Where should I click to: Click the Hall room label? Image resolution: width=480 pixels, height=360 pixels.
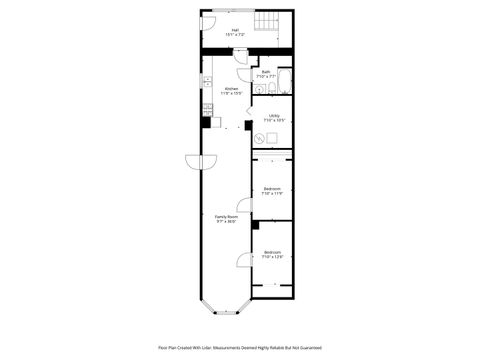click(x=235, y=32)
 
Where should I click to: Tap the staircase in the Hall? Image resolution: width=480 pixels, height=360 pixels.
click(x=269, y=22)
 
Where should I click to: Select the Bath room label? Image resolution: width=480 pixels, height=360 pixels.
click(x=267, y=74)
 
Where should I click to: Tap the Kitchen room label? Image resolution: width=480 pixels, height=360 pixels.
click(x=231, y=91)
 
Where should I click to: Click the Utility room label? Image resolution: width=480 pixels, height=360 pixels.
click(x=273, y=118)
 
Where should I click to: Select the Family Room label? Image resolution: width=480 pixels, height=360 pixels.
click(x=226, y=219)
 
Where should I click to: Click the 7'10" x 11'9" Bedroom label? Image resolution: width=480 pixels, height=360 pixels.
click(x=272, y=191)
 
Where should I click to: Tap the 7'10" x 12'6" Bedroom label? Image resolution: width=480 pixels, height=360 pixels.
click(x=272, y=255)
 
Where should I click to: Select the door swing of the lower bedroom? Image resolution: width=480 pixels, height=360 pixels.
click(x=242, y=262)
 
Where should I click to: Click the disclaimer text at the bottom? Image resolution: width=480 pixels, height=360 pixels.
click(x=240, y=347)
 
